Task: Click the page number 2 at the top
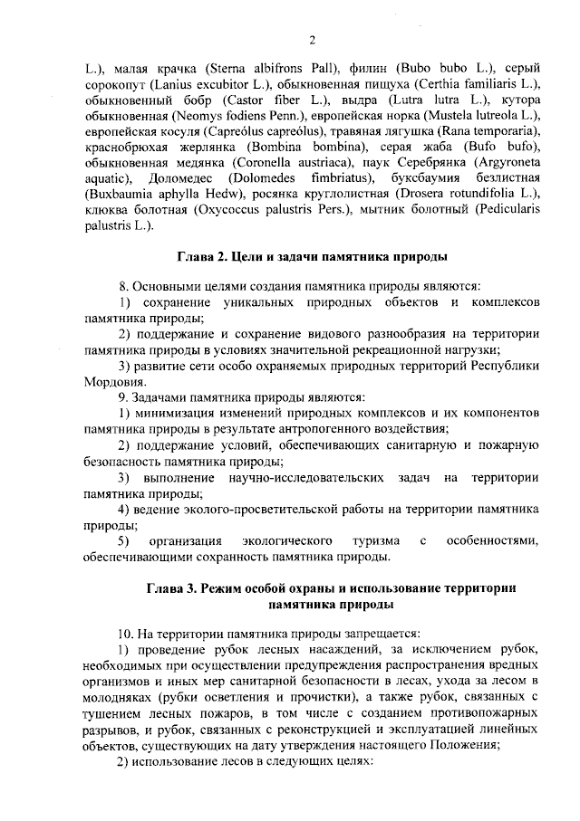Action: click(x=311, y=39)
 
